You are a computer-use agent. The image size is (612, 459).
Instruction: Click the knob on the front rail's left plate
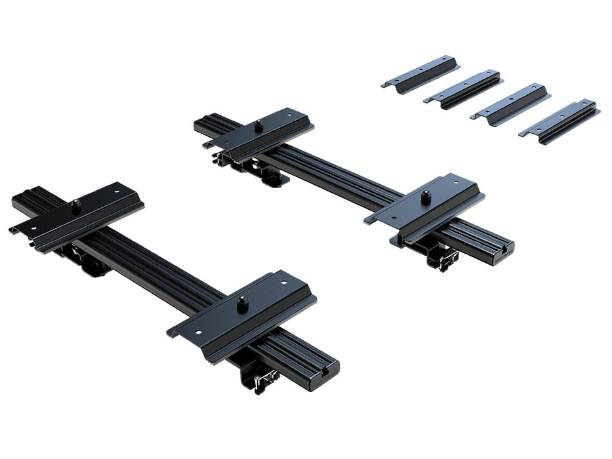coord(77,205)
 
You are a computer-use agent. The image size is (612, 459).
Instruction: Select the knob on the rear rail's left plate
coord(258,123)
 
